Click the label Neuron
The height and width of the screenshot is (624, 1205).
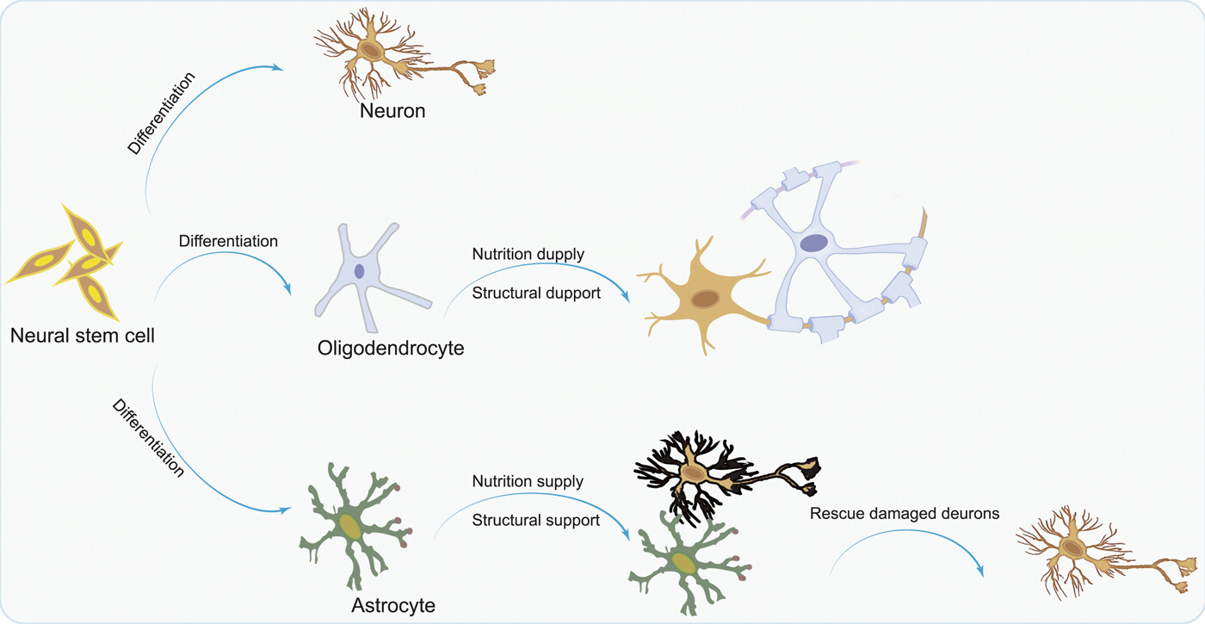[392, 111]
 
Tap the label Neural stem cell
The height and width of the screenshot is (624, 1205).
[83, 336]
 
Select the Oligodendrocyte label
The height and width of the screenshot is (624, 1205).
[391, 349]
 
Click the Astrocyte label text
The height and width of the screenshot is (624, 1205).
[393, 605]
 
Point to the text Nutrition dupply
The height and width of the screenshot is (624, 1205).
[528, 255]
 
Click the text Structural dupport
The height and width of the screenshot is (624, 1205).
[535, 294]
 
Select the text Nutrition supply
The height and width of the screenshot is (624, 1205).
[528, 481]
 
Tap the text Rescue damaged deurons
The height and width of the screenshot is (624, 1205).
[904, 514]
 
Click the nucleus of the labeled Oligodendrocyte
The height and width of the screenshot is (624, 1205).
[360, 270]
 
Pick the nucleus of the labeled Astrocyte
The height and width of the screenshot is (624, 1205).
[349, 527]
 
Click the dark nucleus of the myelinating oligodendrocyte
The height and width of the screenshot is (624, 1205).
[814, 244]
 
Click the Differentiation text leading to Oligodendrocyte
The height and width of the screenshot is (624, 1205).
[228, 241]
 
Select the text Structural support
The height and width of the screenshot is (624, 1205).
[535, 521]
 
